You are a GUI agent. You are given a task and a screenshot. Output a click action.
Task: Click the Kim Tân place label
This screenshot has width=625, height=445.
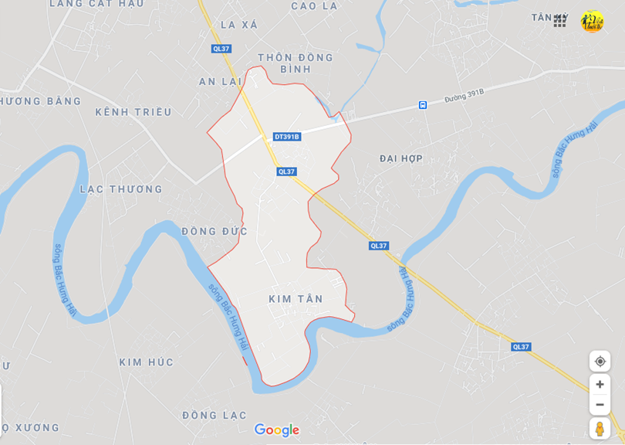point(296,299)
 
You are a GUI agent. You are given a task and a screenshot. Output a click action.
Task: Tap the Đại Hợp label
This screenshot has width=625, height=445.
point(401,158)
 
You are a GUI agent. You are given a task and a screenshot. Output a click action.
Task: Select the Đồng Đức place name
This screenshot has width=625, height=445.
point(215,231)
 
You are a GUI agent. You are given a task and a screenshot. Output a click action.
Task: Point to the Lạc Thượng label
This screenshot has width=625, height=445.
point(121,189)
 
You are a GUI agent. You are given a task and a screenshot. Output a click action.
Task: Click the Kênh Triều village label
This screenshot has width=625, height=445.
point(133,112)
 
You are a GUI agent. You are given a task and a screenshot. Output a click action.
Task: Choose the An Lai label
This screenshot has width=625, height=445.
point(220,82)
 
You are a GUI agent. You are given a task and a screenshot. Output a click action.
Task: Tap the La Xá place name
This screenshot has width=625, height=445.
point(239,25)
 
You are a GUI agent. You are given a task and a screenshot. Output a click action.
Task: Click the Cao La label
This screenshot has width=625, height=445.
point(314,6)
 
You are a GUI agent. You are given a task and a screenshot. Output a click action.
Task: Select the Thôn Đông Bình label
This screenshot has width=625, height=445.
point(296,63)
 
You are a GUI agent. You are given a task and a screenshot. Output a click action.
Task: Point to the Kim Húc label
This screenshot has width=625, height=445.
point(146,362)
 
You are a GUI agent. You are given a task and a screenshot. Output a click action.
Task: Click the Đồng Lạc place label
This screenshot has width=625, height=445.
point(215,416)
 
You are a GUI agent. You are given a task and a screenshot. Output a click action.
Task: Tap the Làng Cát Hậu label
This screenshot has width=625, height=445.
point(96,4)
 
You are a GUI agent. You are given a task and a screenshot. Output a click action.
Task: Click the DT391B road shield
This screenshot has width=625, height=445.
point(287,137)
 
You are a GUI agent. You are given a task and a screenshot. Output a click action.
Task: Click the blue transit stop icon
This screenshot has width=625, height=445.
point(423,105)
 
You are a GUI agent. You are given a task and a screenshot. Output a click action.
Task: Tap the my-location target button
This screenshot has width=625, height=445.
point(600,362)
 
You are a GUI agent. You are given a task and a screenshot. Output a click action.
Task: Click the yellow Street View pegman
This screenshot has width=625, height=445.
point(600,429)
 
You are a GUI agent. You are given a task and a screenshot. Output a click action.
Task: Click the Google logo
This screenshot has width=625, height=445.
point(276,430)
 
